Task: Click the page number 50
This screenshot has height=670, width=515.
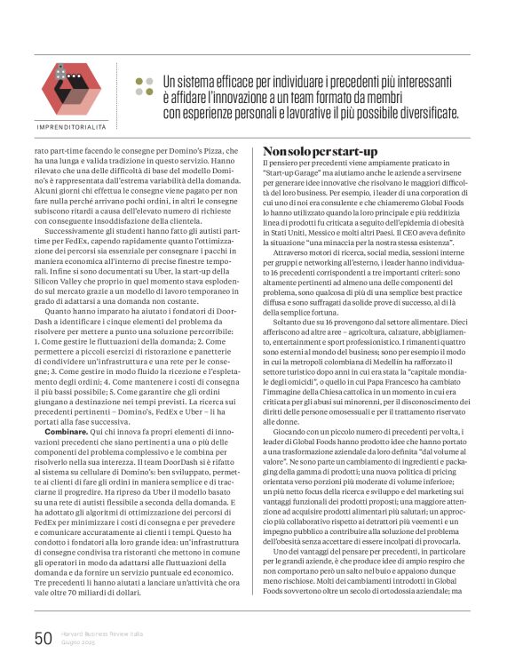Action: (x=44, y=637)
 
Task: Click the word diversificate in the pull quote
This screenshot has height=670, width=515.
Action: (x=418, y=114)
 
